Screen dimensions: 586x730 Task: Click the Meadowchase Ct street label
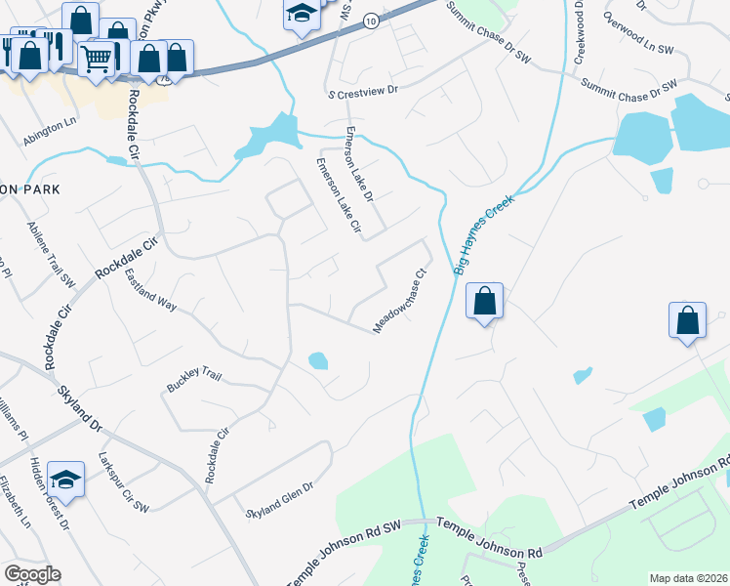[x=401, y=301]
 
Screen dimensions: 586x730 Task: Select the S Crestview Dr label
[x=364, y=90]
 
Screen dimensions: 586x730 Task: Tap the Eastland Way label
[x=150, y=291]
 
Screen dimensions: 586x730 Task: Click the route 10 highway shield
[x=369, y=20]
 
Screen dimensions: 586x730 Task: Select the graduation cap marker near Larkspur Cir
[x=65, y=479]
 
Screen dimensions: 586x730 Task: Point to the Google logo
[x=32, y=574]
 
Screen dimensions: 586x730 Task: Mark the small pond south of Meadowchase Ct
[x=318, y=360]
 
